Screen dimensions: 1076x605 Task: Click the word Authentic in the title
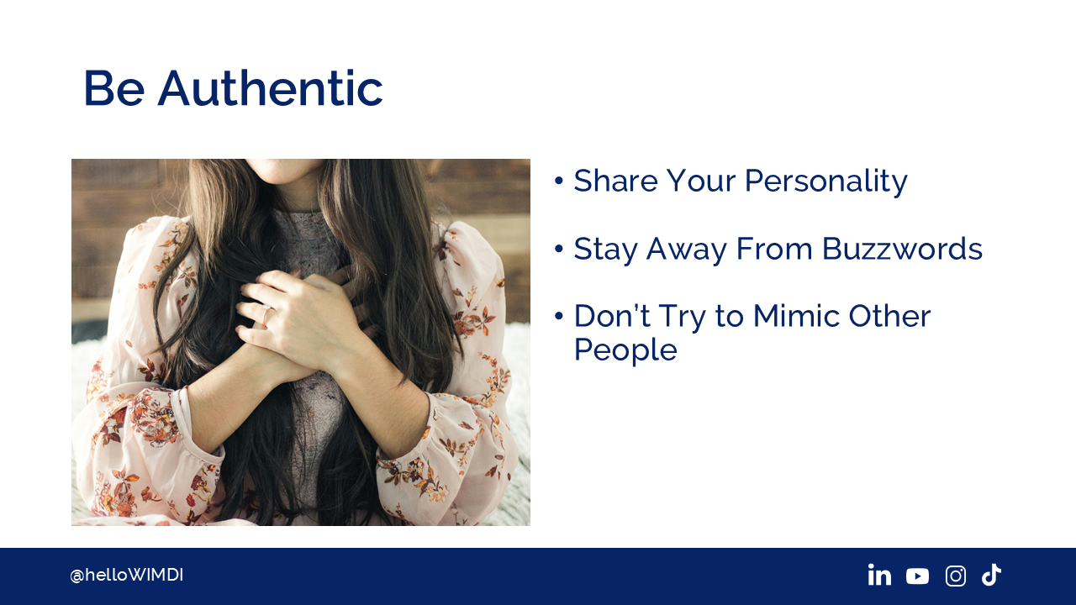click(271, 88)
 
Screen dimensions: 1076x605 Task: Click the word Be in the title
click(114, 88)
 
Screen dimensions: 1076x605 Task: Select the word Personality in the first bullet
click(826, 182)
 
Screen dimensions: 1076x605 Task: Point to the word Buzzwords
click(902, 249)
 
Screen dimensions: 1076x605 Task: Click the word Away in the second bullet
click(687, 250)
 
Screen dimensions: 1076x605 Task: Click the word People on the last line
click(625, 351)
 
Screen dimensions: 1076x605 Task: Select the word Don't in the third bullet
click(612, 316)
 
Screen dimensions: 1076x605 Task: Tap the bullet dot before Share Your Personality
click(558, 181)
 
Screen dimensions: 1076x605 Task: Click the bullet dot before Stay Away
click(558, 249)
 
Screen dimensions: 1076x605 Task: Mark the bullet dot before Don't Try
click(558, 316)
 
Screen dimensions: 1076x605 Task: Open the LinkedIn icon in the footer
click(879, 575)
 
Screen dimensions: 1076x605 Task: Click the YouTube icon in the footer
click(917, 576)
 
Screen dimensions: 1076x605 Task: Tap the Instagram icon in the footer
click(956, 576)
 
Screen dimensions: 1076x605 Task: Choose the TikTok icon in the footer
click(991, 575)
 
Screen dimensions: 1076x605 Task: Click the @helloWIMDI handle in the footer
click(126, 575)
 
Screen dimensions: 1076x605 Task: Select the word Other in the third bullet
click(889, 316)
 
